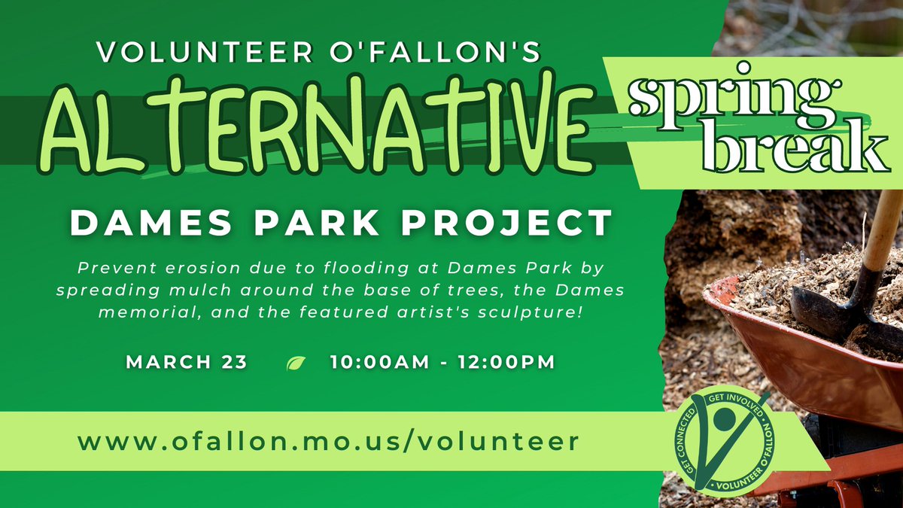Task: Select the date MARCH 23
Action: (187, 362)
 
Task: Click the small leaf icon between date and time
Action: (296, 364)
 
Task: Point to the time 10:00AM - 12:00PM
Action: (442, 362)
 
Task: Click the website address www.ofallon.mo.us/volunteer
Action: (329, 441)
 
